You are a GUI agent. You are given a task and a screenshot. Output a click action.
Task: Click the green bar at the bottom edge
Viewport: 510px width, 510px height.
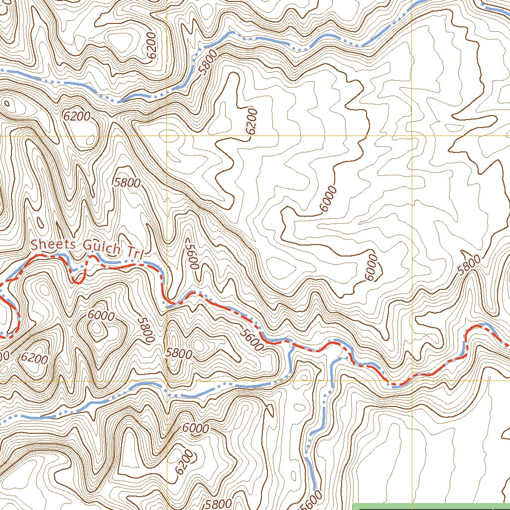[x=431, y=507]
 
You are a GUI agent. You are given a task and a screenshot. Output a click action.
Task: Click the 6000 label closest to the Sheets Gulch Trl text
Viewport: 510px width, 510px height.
[x=101, y=316]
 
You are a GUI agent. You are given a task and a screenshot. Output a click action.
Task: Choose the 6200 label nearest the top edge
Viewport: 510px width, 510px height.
[x=151, y=46]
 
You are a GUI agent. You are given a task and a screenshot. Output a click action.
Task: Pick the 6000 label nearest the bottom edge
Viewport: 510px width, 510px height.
[x=195, y=428]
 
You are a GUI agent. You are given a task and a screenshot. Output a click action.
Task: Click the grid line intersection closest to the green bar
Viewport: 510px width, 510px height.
[x=412, y=381]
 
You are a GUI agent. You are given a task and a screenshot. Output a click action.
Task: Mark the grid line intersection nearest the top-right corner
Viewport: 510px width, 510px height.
[x=412, y=135]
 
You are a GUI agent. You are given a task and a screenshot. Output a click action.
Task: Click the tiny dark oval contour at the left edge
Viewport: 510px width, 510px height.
[x=7, y=103]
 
